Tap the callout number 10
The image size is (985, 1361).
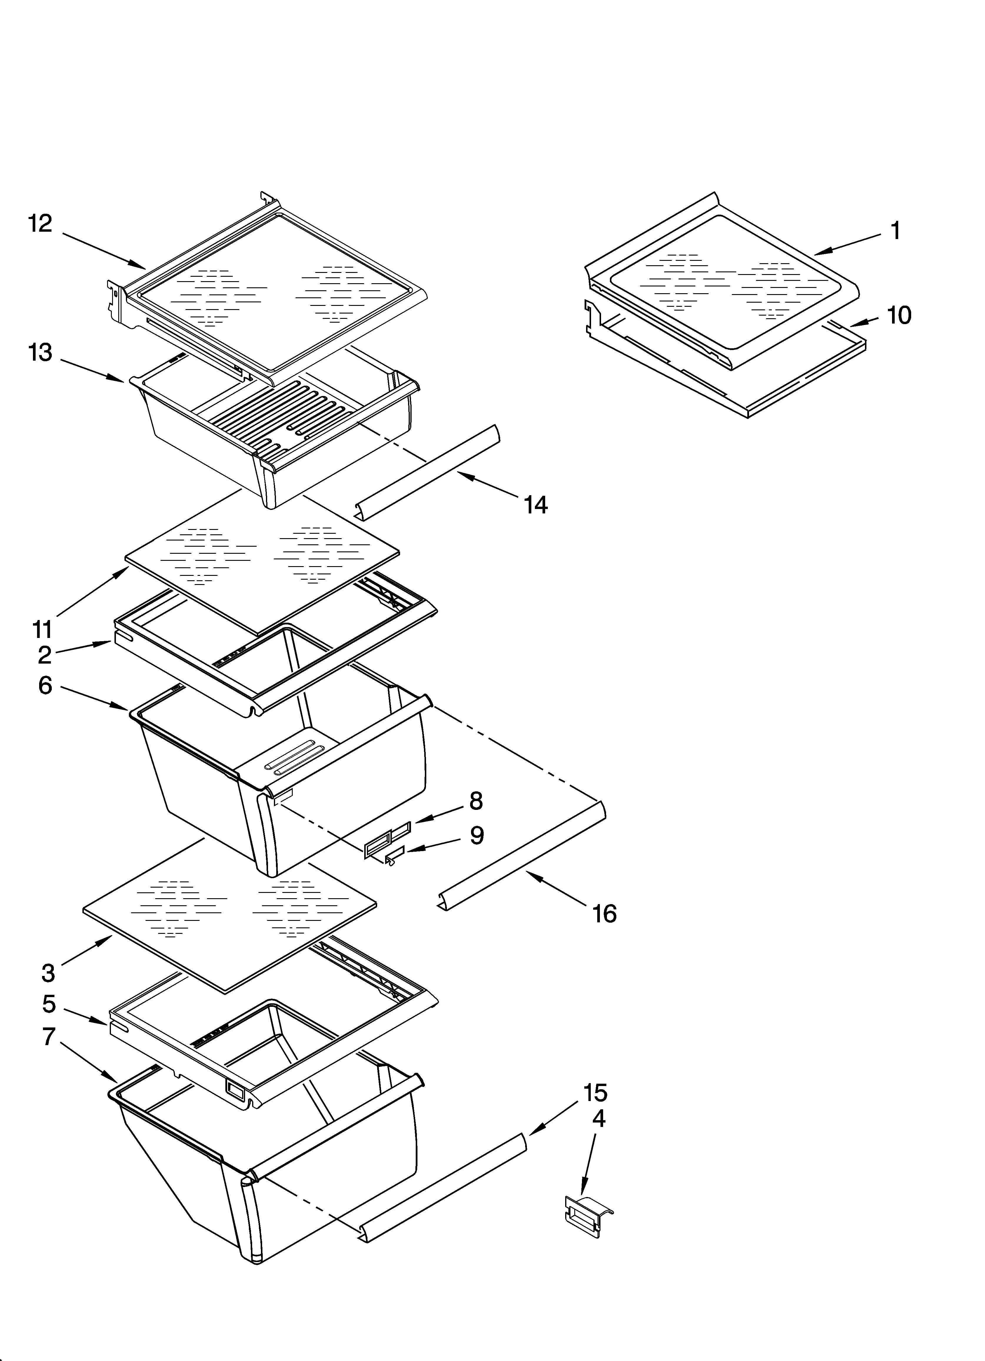click(899, 315)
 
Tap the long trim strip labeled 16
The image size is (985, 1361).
click(522, 855)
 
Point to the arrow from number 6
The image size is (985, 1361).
click(93, 697)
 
